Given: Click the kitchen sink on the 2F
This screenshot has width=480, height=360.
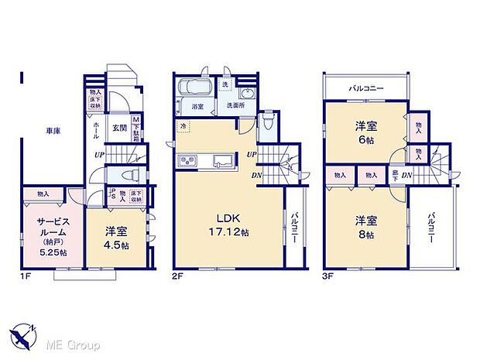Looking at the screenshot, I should [x=221, y=160].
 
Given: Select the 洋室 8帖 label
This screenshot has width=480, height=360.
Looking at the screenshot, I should [x=365, y=225].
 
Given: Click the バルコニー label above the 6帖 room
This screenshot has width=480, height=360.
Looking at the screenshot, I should [x=365, y=89].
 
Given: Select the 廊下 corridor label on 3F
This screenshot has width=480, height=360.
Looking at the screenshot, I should [x=395, y=176].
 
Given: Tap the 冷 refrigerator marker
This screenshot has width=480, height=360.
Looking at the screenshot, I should [x=183, y=126].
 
